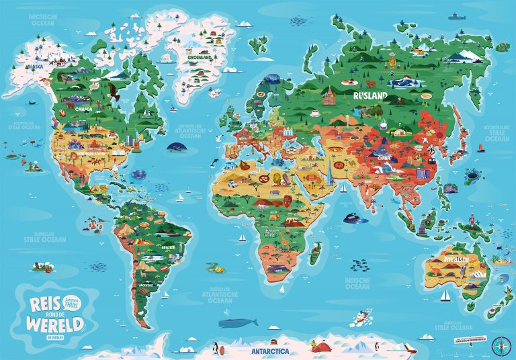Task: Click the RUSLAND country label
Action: pos(370,96)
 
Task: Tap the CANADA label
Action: pos(84,108)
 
